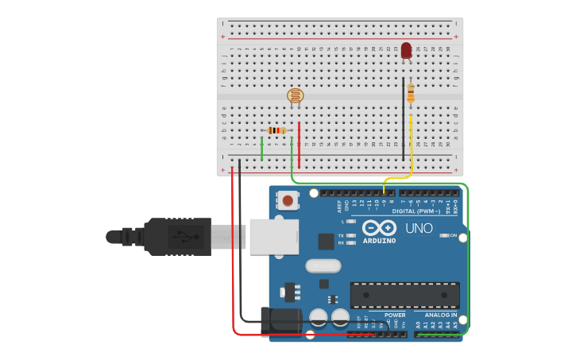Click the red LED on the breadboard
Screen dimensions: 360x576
[406, 51]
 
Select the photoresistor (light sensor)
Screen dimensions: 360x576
[295, 97]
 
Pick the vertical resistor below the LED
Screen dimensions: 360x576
[410, 94]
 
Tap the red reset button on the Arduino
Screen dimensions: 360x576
[288, 200]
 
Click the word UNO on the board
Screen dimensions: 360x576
[419, 229]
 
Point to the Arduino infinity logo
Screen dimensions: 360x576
[378, 228]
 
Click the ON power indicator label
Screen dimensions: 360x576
[454, 235]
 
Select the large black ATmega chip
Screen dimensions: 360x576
[405, 295]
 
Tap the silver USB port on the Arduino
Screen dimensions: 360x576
[273, 236]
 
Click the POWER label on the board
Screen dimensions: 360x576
[395, 315]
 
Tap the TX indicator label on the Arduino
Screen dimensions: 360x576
[341, 235]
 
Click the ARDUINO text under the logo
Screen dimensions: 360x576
[379, 241]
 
